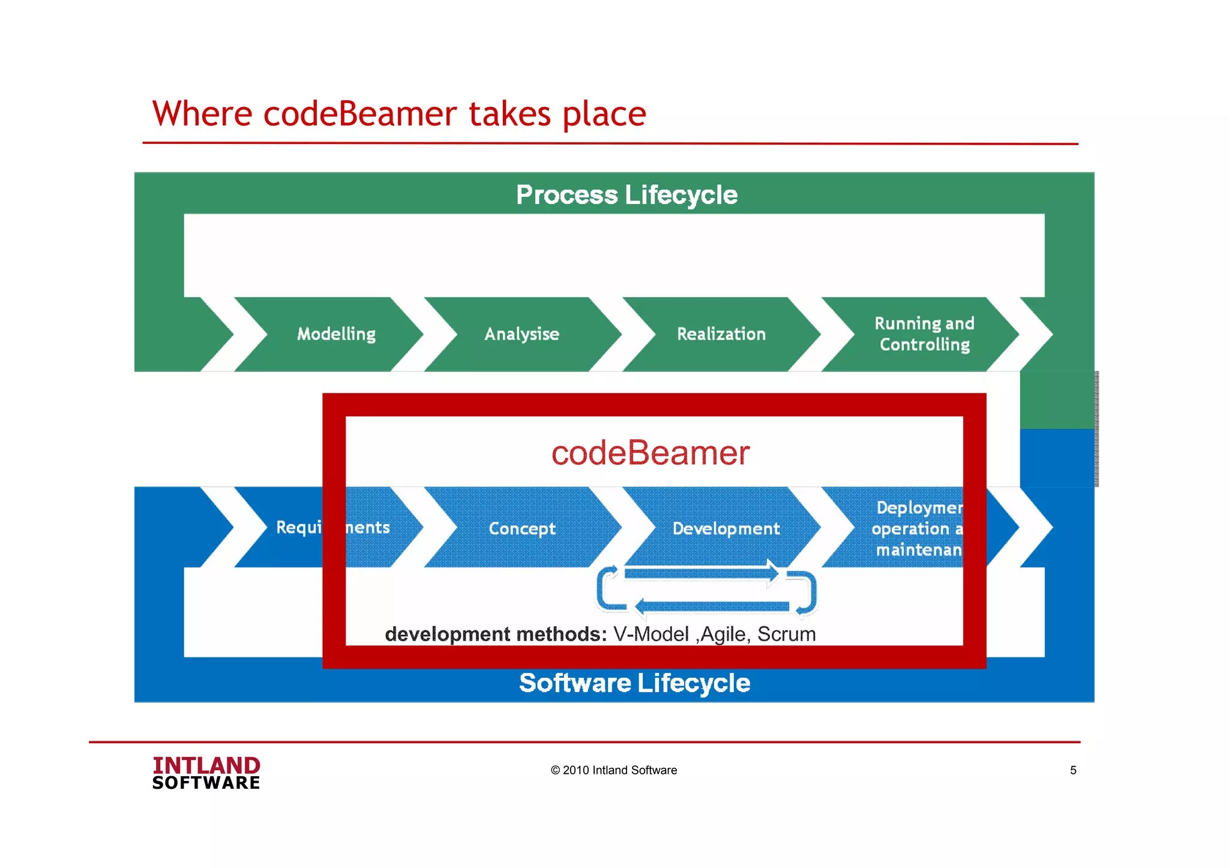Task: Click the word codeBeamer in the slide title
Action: coord(360,114)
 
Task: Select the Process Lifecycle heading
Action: coord(627,195)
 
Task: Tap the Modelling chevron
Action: coord(336,334)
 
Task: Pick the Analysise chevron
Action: coord(521,334)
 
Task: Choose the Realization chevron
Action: coord(721,334)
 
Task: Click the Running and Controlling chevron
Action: coord(924,334)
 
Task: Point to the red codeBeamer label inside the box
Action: coord(651,453)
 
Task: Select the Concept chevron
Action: coord(521,528)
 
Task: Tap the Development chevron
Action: coord(726,528)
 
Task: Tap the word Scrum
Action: coord(786,634)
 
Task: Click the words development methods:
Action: coord(496,634)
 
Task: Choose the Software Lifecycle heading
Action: coord(634,683)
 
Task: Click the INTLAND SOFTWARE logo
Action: coord(206,773)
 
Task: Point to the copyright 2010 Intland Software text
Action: coord(613,770)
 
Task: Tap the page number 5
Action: coord(1073,770)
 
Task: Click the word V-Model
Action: coord(651,634)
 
